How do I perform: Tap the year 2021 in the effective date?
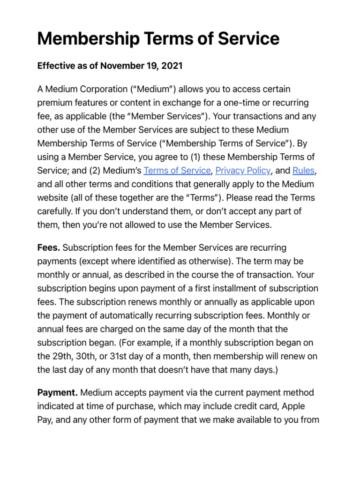[x=172, y=66]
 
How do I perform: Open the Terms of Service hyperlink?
[x=177, y=170]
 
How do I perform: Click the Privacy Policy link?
[x=243, y=170]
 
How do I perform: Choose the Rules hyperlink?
[x=303, y=170]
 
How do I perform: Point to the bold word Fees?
[x=48, y=247]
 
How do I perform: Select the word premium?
[x=54, y=103]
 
